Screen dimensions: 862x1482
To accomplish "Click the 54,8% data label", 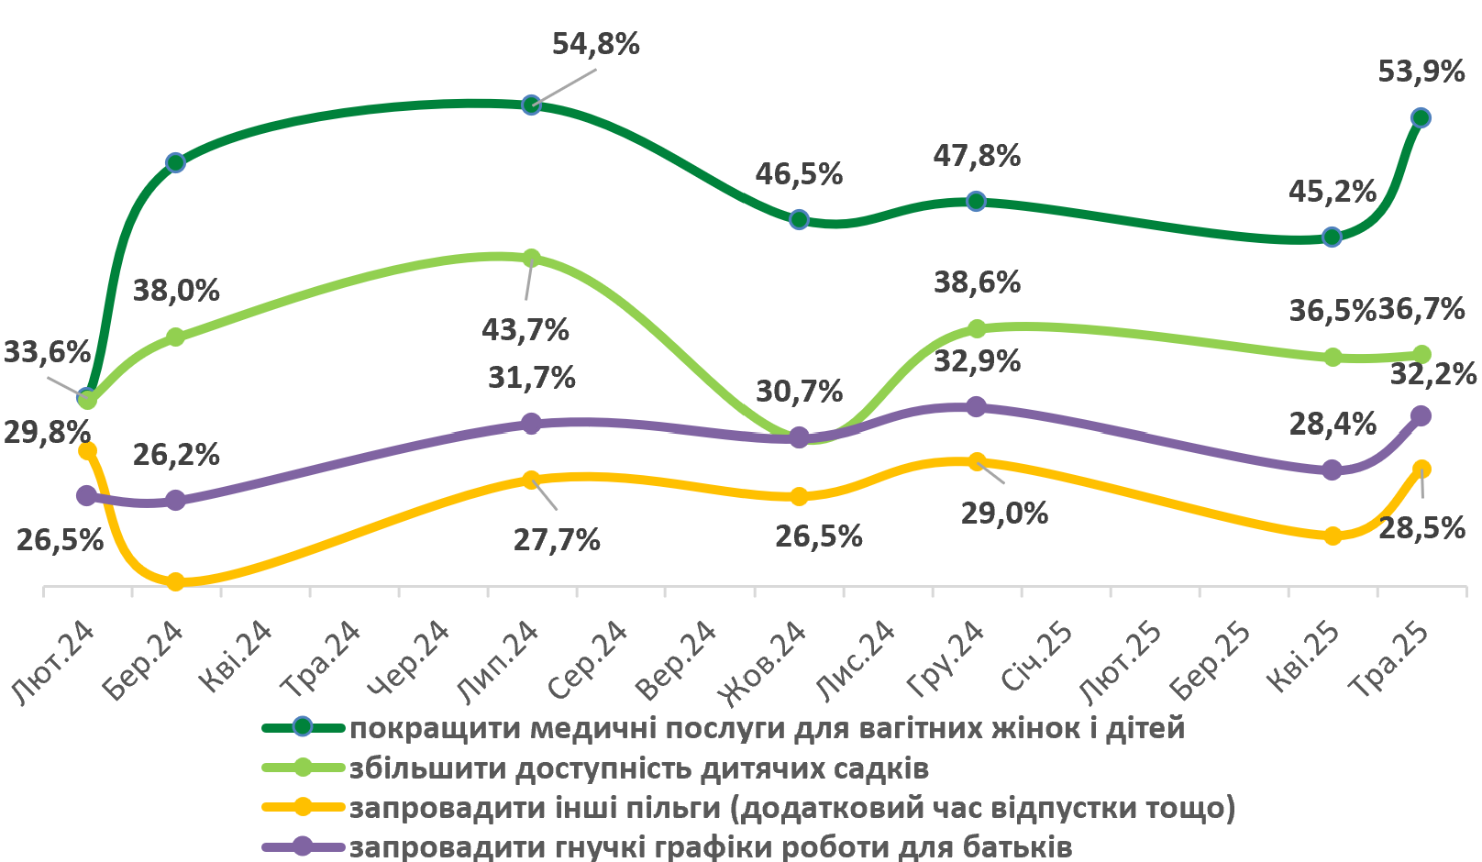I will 595,44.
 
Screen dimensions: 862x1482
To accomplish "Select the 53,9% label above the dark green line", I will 1421,72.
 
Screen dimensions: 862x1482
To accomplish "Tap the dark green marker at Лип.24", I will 531,105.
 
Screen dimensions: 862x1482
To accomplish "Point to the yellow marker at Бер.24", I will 176,581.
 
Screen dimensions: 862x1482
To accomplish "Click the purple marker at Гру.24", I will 977,406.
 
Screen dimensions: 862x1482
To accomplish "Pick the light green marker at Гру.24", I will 977,328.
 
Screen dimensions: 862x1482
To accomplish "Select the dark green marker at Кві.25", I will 1333,238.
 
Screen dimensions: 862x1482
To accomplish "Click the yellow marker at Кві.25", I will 1333,536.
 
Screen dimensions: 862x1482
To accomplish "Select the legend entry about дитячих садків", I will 639,768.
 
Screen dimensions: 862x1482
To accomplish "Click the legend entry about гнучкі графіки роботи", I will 711,846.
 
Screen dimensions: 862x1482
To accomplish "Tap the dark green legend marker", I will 303,728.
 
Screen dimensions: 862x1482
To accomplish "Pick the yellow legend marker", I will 303,808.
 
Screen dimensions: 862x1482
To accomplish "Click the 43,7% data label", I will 525,329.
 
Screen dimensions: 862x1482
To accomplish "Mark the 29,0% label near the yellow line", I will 1004,513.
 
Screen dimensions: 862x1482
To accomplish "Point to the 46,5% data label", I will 799,174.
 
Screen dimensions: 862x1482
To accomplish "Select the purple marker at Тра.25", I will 1421,416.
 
